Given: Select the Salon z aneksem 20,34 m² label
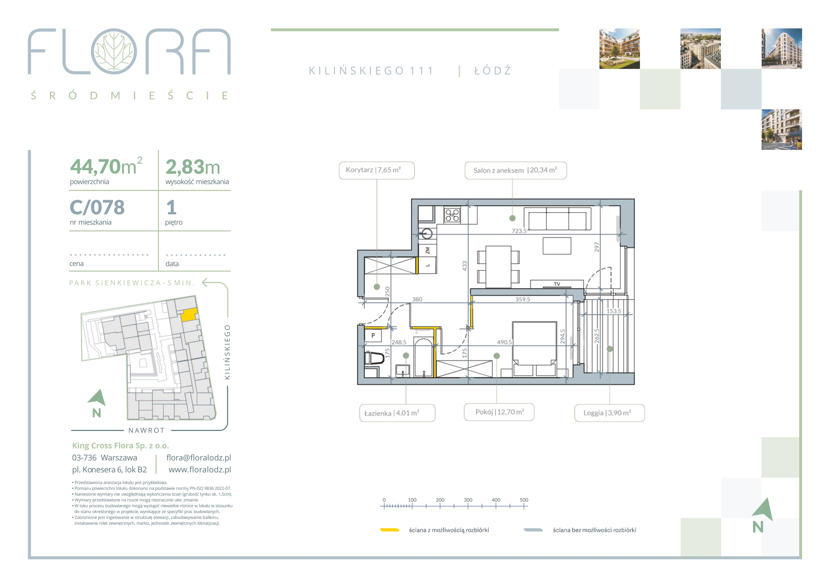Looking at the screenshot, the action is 515,170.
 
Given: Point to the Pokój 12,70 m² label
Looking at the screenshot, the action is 499,412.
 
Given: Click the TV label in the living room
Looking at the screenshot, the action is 557,284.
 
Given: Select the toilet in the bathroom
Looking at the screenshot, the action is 374,358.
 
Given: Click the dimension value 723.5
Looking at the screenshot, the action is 519,231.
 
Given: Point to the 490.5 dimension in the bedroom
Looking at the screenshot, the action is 504,342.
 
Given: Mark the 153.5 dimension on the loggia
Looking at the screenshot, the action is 613,311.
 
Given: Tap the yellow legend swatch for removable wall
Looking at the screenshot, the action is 389,530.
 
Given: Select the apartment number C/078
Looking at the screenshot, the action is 97,207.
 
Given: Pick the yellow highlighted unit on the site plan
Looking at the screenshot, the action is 189,315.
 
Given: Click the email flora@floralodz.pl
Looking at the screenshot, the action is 198,458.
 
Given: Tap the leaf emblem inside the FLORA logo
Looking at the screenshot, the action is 114,51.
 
